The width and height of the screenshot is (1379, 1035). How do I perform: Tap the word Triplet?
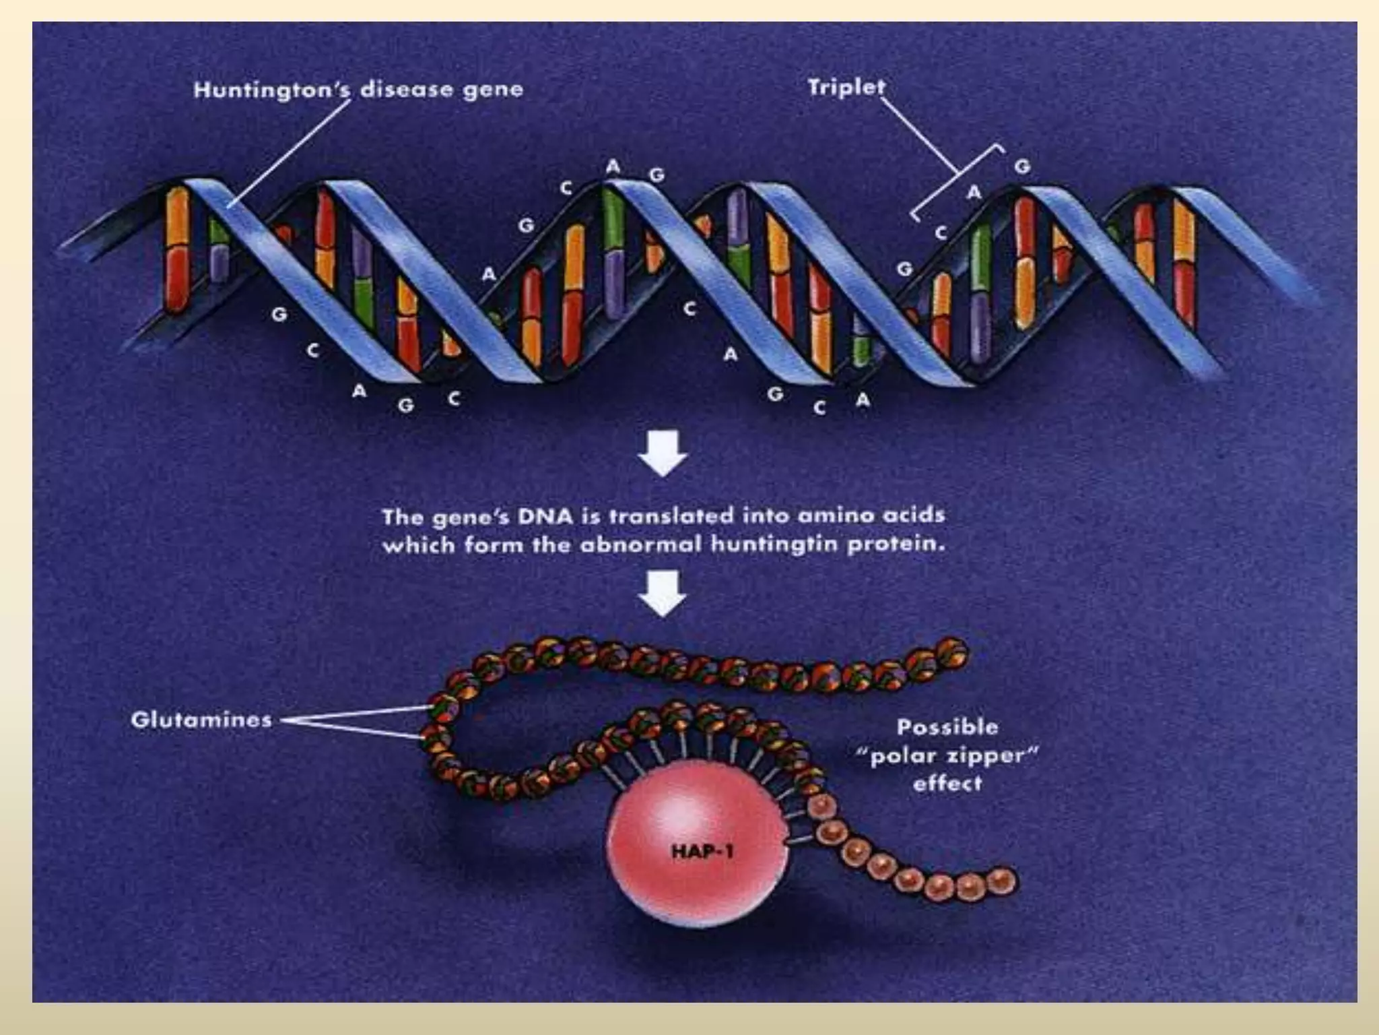(846, 88)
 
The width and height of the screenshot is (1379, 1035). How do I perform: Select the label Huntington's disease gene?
(358, 90)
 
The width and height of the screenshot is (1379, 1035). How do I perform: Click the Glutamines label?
(201, 720)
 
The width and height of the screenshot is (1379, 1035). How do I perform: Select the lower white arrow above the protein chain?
(663, 593)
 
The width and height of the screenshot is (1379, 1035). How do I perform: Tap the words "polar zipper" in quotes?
(947, 755)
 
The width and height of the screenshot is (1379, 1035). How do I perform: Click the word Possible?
(947, 727)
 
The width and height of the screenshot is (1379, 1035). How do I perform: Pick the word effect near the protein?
(947, 784)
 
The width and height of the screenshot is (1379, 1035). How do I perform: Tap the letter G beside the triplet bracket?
(1022, 166)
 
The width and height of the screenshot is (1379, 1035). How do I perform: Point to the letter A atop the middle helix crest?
(612, 166)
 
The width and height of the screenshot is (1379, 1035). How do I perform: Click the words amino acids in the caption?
(871, 516)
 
